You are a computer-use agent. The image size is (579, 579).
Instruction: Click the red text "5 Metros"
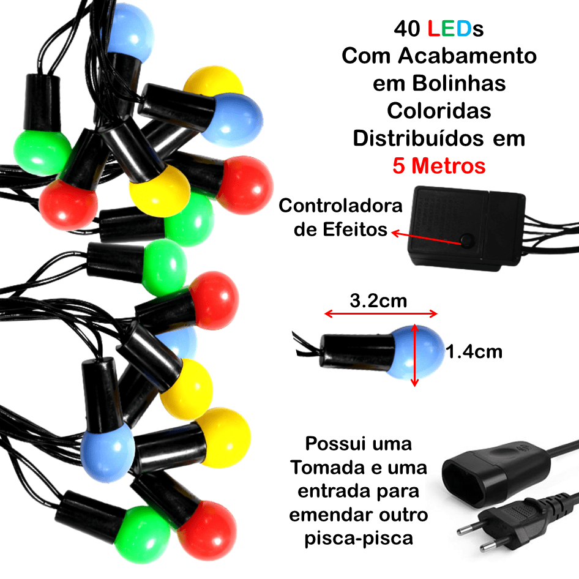(439, 166)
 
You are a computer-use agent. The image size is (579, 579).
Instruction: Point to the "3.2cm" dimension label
(378, 301)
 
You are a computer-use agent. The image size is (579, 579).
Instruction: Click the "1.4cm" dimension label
(474, 352)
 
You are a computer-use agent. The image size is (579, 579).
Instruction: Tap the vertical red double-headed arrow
(415, 355)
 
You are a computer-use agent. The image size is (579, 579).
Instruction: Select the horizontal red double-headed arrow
(381, 314)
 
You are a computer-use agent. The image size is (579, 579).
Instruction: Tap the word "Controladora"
(340, 206)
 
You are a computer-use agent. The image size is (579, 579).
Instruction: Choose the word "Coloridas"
(439, 111)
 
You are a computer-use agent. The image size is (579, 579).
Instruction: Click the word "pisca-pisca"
(359, 539)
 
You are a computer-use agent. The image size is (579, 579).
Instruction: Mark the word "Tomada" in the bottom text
(328, 467)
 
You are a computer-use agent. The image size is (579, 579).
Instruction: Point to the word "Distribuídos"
(419, 138)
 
